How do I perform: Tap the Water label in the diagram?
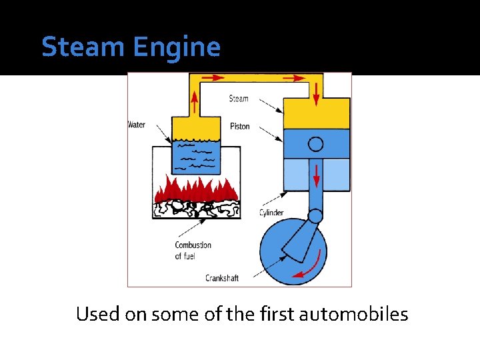coord(137,125)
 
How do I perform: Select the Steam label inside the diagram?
coord(239,99)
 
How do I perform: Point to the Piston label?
coord(239,126)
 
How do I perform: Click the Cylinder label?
coord(271,213)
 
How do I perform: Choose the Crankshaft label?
coord(222,278)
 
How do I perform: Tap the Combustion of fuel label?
coord(193,250)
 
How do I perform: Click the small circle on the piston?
coord(316,143)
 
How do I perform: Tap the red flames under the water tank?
coord(197,189)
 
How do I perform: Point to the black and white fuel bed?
coord(197,209)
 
